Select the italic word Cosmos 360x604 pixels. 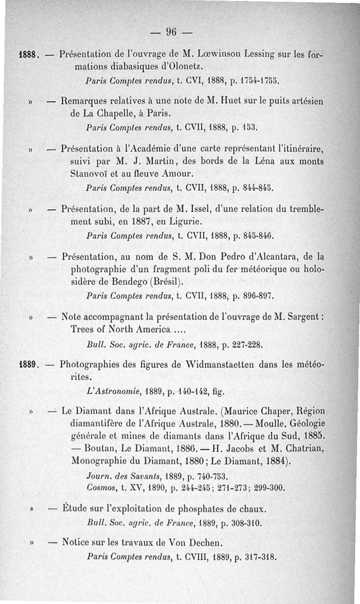(99, 488)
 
